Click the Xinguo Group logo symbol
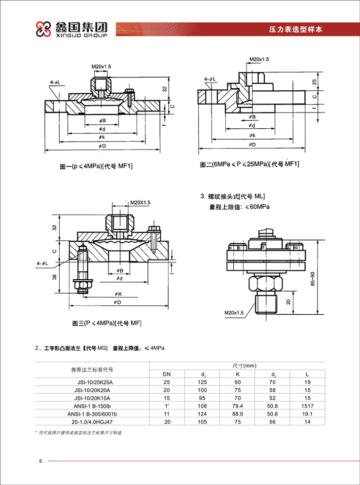pos(42,30)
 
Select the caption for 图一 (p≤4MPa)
pos(96,167)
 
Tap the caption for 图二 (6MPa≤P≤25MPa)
pos(250,164)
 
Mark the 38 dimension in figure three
pos(55,277)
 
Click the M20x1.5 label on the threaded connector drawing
pos(233,312)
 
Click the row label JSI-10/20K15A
pos(92,397)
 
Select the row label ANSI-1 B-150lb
pos(92,405)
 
